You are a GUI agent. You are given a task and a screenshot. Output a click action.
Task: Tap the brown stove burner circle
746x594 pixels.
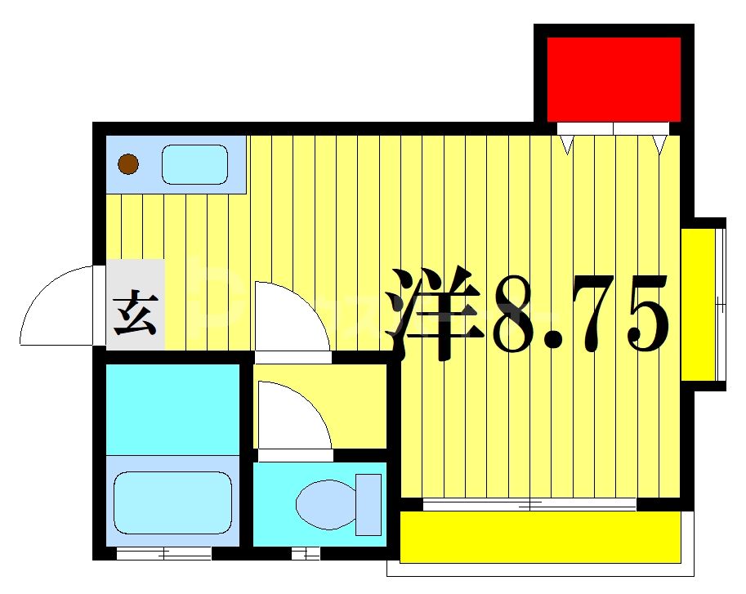[x=128, y=165]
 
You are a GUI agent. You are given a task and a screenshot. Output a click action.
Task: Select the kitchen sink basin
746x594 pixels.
[x=194, y=165]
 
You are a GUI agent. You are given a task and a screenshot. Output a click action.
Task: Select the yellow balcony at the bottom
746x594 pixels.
[x=539, y=537]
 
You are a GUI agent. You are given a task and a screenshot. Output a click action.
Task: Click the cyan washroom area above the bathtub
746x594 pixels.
[x=172, y=408]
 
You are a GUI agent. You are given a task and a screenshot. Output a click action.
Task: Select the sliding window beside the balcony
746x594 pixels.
[x=529, y=504]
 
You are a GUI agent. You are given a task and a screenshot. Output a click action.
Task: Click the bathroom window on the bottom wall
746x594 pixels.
[x=164, y=554]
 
